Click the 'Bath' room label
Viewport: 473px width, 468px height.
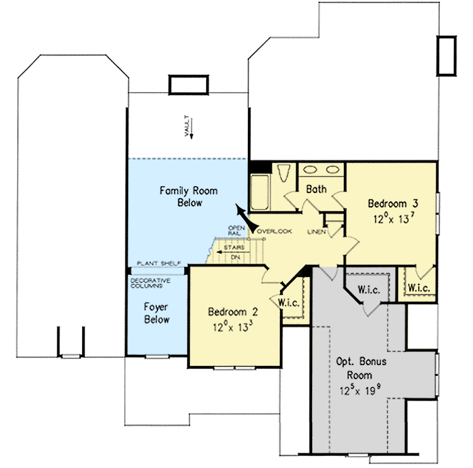315,189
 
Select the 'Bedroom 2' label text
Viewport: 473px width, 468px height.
233,312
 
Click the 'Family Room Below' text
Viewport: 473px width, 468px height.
180,196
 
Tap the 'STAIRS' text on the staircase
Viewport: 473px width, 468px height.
234,247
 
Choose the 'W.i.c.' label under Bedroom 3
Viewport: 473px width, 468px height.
419,288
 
